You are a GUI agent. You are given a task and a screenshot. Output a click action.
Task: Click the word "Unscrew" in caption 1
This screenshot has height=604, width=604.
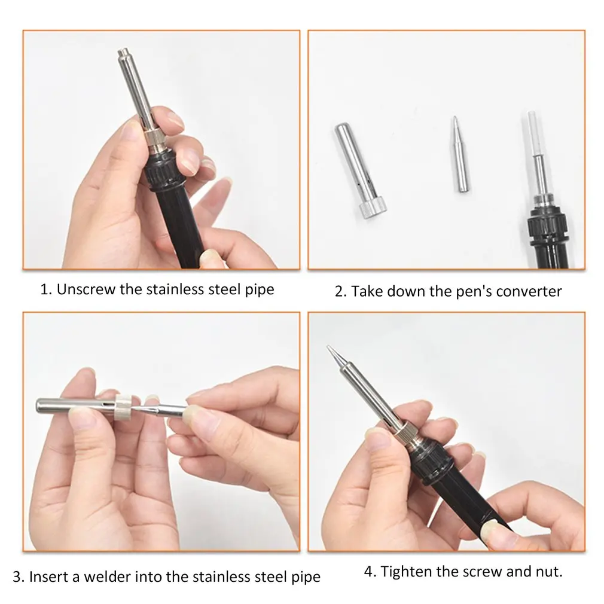coord(86,289)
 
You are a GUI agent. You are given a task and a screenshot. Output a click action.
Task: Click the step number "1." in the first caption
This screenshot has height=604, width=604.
coord(46,289)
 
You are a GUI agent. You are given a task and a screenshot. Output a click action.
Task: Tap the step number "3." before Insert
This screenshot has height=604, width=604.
coord(19,577)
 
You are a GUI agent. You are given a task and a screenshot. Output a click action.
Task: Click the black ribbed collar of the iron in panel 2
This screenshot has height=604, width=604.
coord(548,225)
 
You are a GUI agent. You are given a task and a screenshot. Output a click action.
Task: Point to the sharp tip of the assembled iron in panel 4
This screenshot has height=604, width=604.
coord(328,347)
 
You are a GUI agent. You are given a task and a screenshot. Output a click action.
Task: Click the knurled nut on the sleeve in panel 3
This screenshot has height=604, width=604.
coord(124,407)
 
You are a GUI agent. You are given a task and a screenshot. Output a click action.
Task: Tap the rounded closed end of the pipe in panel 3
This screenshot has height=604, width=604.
coord(38,406)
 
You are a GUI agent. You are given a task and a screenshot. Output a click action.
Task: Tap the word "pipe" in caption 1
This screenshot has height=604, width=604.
coord(260,289)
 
